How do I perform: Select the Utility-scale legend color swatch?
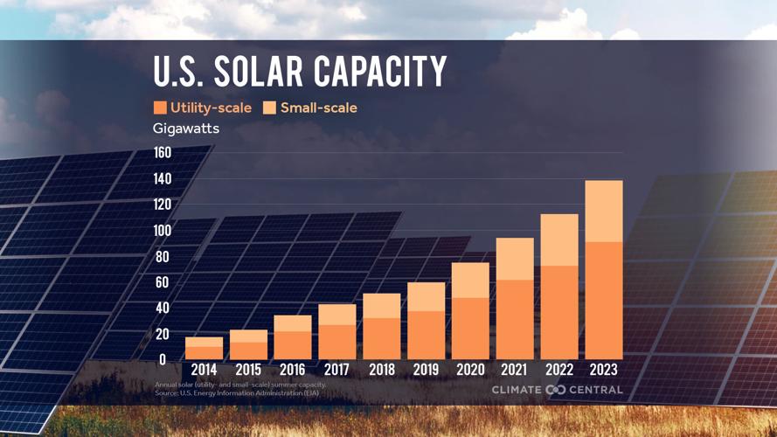[160, 108]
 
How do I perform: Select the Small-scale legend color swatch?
[269, 108]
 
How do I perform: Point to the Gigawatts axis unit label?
[186, 128]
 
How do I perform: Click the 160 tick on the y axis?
[163, 153]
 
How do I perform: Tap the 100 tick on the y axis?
[163, 231]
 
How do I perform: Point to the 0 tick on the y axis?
[163, 359]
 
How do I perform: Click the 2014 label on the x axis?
[204, 370]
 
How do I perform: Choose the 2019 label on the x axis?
[426, 370]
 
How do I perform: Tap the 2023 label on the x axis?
[603, 370]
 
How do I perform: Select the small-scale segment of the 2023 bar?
[603, 211]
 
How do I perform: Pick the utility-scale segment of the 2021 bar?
[515, 319]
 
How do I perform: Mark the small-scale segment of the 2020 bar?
[470, 280]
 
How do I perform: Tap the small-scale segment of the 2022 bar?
[558, 239]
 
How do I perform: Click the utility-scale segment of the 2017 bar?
[336, 342]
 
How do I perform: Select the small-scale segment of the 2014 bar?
[204, 342]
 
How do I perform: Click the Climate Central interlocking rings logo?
[555, 390]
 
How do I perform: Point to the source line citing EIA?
[237, 393]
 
